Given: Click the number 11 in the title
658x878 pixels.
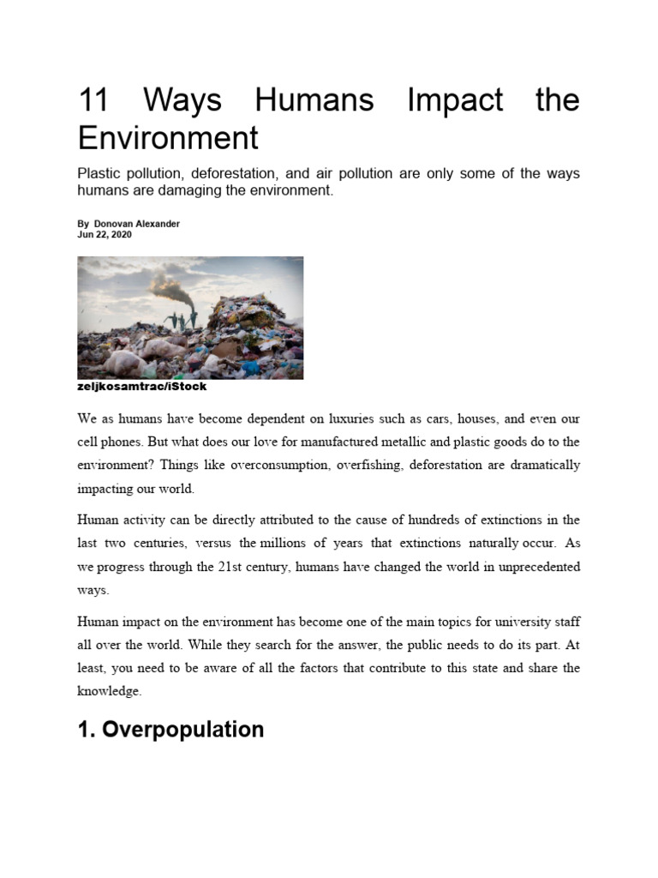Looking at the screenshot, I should pyautogui.click(x=95, y=100).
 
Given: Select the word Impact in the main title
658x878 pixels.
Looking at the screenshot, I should pyautogui.click(x=455, y=100).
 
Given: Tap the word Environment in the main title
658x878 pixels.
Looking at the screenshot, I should pyautogui.click(x=167, y=137).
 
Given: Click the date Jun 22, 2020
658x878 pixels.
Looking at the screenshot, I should pyautogui.click(x=105, y=234).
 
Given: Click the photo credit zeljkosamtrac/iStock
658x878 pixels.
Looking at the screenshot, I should pyautogui.click(x=141, y=387).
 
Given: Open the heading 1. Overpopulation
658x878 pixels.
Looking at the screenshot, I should pyautogui.click(x=170, y=730).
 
